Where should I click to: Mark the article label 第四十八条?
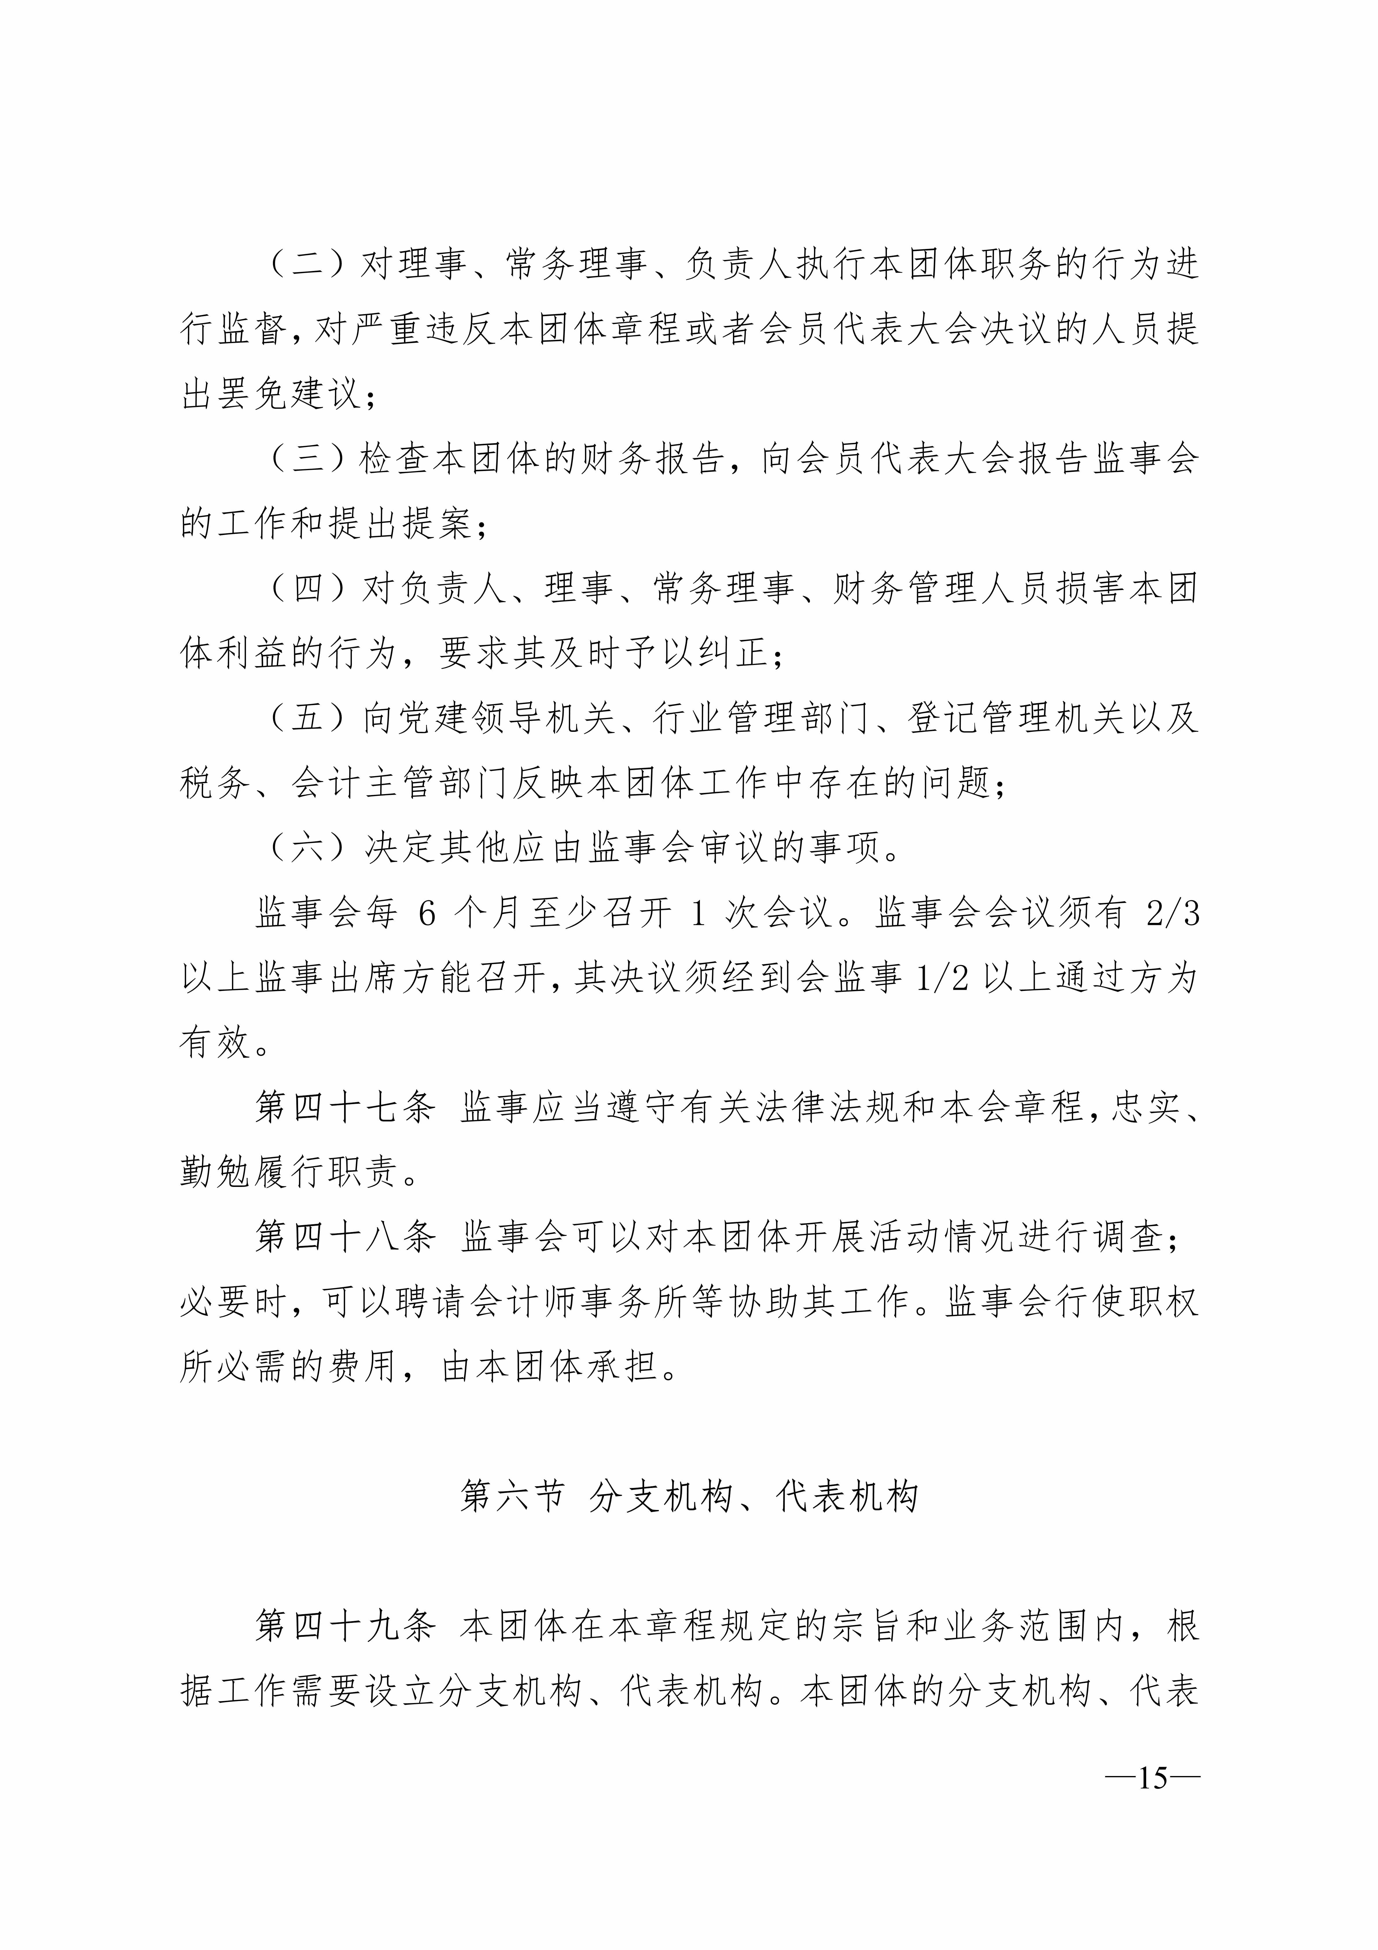tap(346, 1238)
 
